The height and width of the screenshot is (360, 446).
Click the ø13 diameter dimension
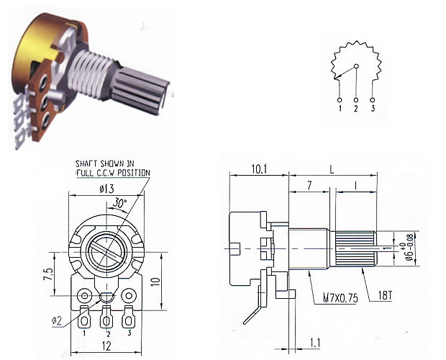(x=106, y=189)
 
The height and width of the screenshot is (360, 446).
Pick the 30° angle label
(x=117, y=204)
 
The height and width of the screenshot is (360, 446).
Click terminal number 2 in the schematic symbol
(x=355, y=109)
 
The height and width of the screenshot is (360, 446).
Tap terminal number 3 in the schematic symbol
(x=373, y=109)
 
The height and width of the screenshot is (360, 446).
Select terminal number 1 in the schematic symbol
(x=340, y=109)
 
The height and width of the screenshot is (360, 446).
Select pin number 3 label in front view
(x=129, y=333)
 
